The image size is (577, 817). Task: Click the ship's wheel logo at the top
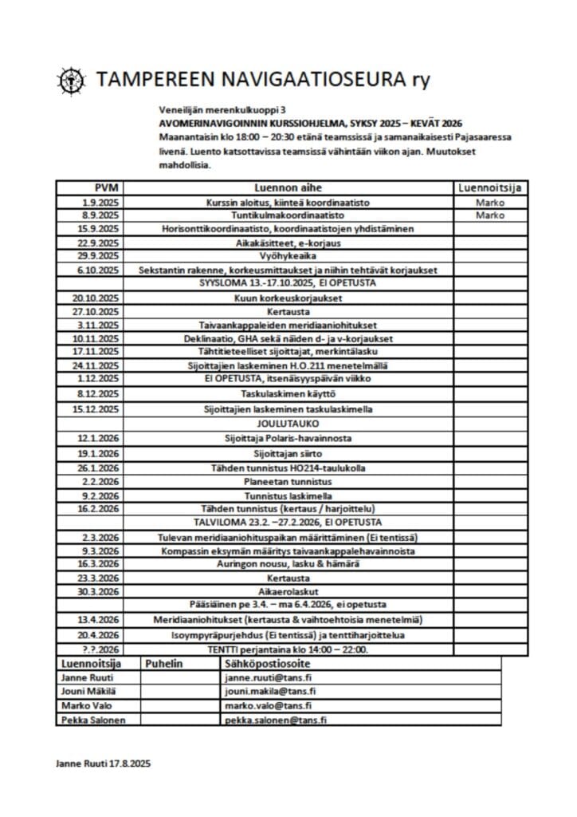(72, 79)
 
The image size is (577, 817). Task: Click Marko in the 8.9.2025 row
(491, 215)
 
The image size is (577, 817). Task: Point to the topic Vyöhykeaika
(287, 256)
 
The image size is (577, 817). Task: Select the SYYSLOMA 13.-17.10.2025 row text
(287, 283)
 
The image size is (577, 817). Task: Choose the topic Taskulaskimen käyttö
(288, 394)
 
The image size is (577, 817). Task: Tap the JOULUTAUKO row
(287, 423)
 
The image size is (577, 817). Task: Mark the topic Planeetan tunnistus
(287, 482)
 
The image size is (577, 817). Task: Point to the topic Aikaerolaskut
(287, 590)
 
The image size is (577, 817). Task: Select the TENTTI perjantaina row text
(288, 649)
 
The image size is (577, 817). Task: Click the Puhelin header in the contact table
(164, 663)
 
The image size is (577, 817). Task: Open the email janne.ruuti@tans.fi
(269, 677)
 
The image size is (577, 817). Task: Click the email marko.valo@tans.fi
(267, 705)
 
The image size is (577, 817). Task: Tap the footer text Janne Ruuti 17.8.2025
(103, 764)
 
